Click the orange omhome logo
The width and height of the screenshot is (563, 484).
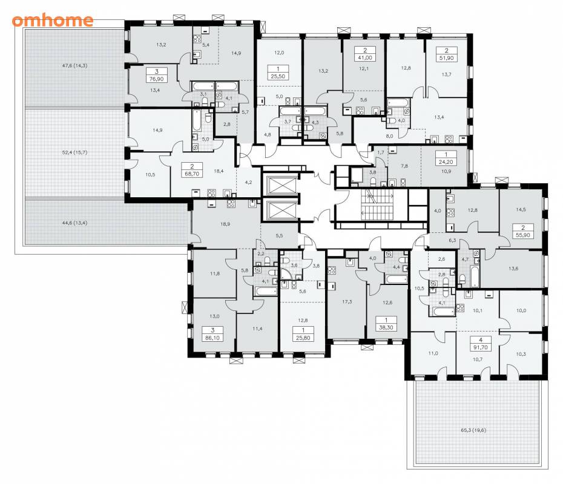pos(53,21)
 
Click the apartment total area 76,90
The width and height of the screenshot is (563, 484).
pos(156,79)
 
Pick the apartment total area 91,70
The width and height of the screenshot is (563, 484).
pos(481,347)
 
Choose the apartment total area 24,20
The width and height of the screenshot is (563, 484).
pos(446,162)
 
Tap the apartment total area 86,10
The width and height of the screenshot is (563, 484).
pos(212,338)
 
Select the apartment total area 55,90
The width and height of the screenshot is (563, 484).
pos(523,235)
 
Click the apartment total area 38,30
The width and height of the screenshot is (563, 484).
pos(386,327)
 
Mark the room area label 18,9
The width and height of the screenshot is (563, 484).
pos(225,224)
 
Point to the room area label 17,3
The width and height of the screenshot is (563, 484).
pos(347,302)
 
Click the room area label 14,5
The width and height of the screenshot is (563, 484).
pos(521,209)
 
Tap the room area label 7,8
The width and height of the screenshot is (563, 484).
pos(404,166)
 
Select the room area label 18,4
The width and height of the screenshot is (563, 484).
pos(219,171)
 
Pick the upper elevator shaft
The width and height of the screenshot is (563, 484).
pos(280,186)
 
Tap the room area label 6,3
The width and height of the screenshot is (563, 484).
pos(452,240)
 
